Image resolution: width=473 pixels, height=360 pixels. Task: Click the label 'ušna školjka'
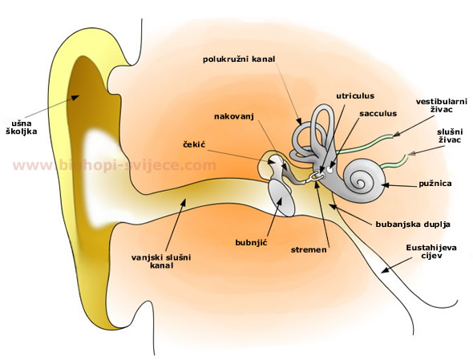tap(22, 127)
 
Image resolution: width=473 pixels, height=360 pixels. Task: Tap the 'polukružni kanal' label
tap(239, 59)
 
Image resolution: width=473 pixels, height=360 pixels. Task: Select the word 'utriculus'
tap(355, 96)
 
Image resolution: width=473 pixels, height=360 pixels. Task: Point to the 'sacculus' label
tap(378, 114)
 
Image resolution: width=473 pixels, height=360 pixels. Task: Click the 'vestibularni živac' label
tap(442, 105)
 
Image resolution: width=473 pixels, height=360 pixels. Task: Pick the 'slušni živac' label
tap(450, 136)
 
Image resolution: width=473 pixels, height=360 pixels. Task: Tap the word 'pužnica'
tap(435, 184)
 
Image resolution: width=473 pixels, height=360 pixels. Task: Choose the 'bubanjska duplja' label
tap(413, 224)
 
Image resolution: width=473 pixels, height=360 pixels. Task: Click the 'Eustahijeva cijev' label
tap(431, 252)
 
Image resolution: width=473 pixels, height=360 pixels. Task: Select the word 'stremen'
tap(309, 250)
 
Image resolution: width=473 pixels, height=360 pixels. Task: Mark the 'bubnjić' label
tap(252, 242)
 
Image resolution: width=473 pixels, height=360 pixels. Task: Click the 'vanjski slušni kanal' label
tap(161, 261)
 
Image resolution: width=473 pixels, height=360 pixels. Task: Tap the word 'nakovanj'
tap(234, 116)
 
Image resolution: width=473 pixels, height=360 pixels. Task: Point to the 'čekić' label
tap(194, 144)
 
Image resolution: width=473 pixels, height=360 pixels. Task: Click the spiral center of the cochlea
tap(360, 182)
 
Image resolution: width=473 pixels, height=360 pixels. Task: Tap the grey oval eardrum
tap(281, 198)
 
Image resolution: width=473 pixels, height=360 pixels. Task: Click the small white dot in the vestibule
tap(329, 171)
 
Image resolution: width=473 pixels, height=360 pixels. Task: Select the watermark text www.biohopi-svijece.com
tap(115, 166)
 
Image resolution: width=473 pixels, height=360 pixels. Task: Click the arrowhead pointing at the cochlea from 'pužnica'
tap(385, 185)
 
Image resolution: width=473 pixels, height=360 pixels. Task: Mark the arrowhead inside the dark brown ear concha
tap(75, 97)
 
